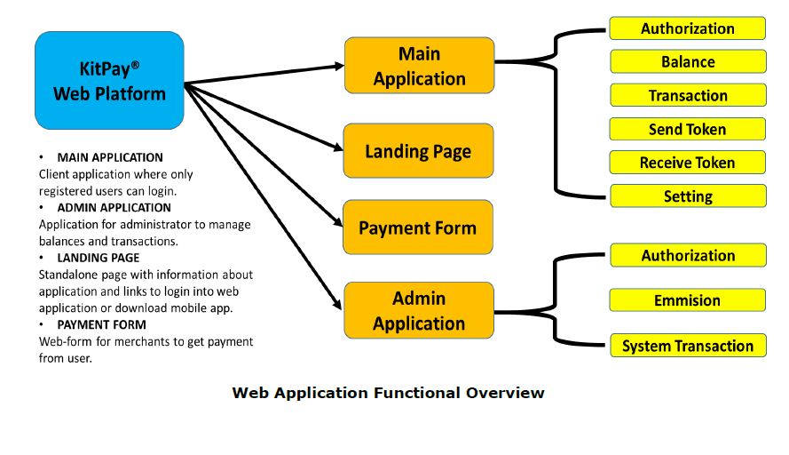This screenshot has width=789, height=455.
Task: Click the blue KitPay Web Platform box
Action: (109, 81)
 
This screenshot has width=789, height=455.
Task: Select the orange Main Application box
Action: (419, 67)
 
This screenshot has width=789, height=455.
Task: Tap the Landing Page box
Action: (418, 152)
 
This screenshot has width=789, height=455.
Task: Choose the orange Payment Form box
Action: (417, 228)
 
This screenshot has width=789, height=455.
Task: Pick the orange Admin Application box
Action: (419, 311)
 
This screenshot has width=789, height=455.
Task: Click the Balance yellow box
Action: (688, 62)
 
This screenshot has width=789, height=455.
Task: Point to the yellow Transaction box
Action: (688, 96)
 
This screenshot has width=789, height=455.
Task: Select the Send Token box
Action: (688, 130)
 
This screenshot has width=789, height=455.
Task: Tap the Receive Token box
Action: (688, 163)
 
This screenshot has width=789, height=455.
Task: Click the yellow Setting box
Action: (688, 196)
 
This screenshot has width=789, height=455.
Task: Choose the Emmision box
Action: (688, 300)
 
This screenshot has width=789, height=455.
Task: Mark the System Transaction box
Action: (688, 347)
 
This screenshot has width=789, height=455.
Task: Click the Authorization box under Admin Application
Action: (688, 256)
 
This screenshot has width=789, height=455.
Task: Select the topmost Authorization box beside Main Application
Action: (688, 28)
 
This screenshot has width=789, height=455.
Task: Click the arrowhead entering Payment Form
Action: (338, 226)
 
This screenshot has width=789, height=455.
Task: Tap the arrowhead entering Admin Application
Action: (338, 306)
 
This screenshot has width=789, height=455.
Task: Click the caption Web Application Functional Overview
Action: (388, 393)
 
